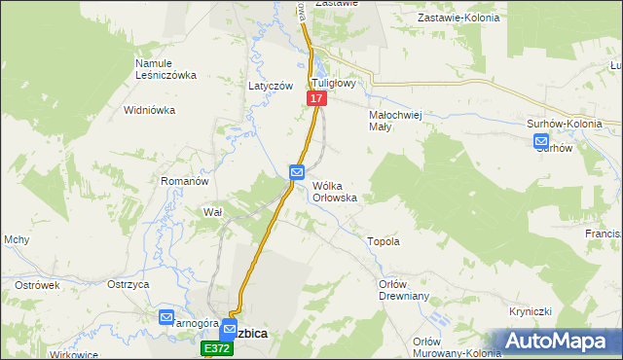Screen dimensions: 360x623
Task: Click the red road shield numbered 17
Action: (x=316, y=99)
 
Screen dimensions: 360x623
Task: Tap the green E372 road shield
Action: (x=216, y=347)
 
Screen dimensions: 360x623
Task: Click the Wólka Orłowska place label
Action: (x=334, y=191)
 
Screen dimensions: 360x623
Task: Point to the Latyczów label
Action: (x=271, y=86)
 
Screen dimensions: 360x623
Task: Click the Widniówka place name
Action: (x=149, y=110)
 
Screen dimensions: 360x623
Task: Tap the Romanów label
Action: (x=185, y=181)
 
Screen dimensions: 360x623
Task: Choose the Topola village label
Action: (x=383, y=240)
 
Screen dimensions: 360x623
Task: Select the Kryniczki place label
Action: (x=531, y=311)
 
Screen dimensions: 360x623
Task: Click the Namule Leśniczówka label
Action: (x=165, y=69)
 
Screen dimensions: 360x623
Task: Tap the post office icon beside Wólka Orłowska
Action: (x=297, y=172)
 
